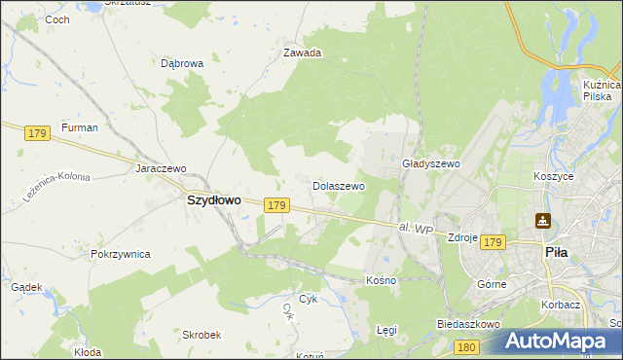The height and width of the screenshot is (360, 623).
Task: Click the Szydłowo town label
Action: coord(213,199)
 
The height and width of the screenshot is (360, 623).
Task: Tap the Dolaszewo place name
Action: coord(338,185)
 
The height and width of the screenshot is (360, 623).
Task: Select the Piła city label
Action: coord(554,251)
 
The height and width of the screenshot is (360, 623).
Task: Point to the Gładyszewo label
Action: coord(430,164)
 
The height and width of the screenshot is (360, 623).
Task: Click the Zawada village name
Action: coord(302,54)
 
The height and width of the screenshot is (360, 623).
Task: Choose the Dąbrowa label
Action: coord(182,64)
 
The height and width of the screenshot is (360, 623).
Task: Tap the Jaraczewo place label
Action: coord(161,168)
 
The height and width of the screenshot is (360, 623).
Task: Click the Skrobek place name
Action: coord(202,334)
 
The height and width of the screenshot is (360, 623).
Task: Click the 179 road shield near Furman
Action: coord(38,132)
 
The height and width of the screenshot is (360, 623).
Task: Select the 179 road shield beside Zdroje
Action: coord(493,241)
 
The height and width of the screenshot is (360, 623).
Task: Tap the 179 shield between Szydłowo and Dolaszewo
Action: coord(276,205)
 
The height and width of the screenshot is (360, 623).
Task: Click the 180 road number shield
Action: coord(466,347)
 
